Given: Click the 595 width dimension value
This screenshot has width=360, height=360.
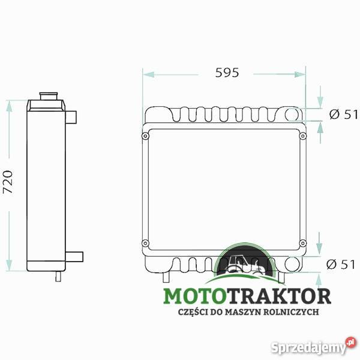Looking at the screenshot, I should (x=227, y=73).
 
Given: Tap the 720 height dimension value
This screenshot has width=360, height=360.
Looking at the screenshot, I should (x=8, y=181).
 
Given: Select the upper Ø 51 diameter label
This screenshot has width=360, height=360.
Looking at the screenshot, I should (x=343, y=115).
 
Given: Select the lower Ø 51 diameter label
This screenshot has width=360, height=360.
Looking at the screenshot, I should (x=343, y=264).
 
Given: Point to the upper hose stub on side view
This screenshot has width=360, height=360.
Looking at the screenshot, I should (x=72, y=117).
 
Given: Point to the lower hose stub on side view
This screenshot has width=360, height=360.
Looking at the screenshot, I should (x=74, y=257).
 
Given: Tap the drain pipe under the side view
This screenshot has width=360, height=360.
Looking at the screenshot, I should (x=58, y=276).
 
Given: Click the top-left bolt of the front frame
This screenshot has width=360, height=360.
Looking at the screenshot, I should (x=146, y=137).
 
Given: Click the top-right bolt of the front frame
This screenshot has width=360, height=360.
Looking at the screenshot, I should (x=302, y=137).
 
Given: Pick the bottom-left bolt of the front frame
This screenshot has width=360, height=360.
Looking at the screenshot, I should (x=146, y=243).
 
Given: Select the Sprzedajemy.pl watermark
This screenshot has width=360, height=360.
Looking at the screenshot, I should (x=313, y=347).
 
